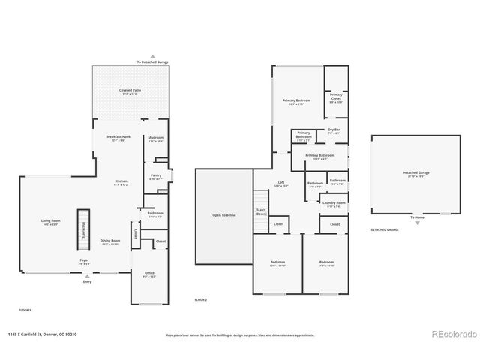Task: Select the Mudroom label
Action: pos(156,138)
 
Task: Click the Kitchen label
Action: pos(121,181)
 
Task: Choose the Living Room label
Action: pos(50,220)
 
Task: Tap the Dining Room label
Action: pos(110,241)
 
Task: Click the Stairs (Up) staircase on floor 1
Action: pos(85,229)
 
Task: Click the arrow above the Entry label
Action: pos(88,274)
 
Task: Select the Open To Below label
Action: pos(224,215)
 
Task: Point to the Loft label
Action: pos(281,183)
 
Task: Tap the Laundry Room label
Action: pos(334,203)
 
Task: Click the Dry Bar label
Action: pos(334,130)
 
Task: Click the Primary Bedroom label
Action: pos(296,100)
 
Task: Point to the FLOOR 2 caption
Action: pos(200,299)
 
